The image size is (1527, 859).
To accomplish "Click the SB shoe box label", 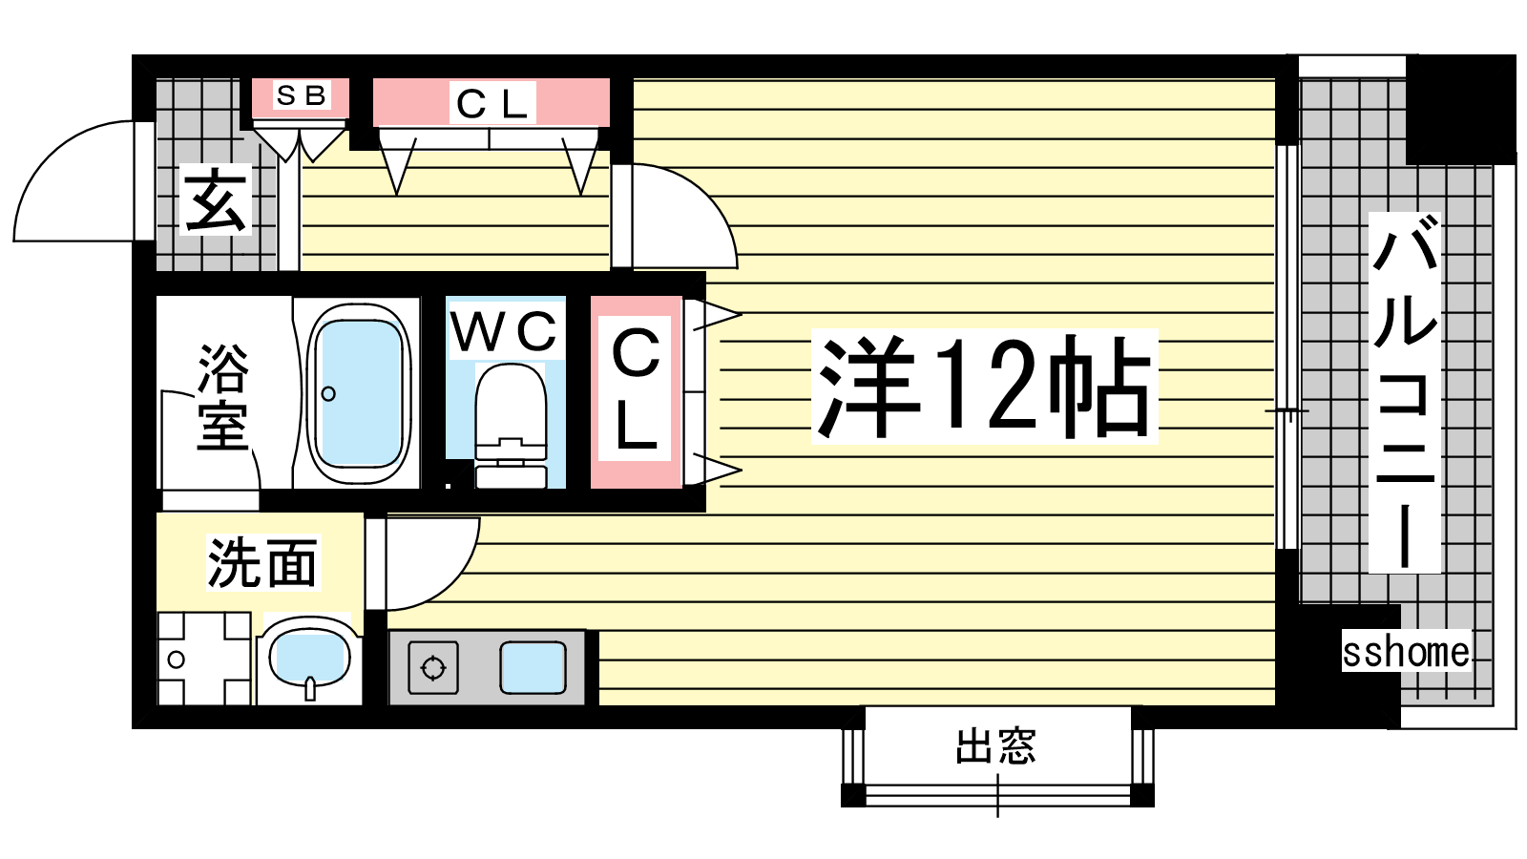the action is click(x=301, y=95).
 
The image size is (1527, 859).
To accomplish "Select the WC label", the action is click(x=505, y=332).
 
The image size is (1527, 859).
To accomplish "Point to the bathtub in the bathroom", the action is click(x=359, y=394).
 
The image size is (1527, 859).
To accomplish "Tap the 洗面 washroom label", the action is click(x=262, y=563).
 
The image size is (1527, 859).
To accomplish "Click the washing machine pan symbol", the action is click(x=204, y=659).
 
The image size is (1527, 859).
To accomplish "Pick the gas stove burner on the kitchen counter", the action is click(x=433, y=667).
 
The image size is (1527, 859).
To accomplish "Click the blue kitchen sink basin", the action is click(x=533, y=667).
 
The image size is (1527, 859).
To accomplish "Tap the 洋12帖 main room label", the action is click(x=984, y=387).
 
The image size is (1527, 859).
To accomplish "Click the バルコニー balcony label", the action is click(x=1405, y=391).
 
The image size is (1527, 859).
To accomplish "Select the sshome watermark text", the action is click(x=1406, y=652).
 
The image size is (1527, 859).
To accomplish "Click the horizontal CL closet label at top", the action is click(x=492, y=104).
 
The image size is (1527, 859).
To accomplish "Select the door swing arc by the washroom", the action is click(x=450, y=579).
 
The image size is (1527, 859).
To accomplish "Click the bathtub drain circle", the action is click(x=328, y=394).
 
